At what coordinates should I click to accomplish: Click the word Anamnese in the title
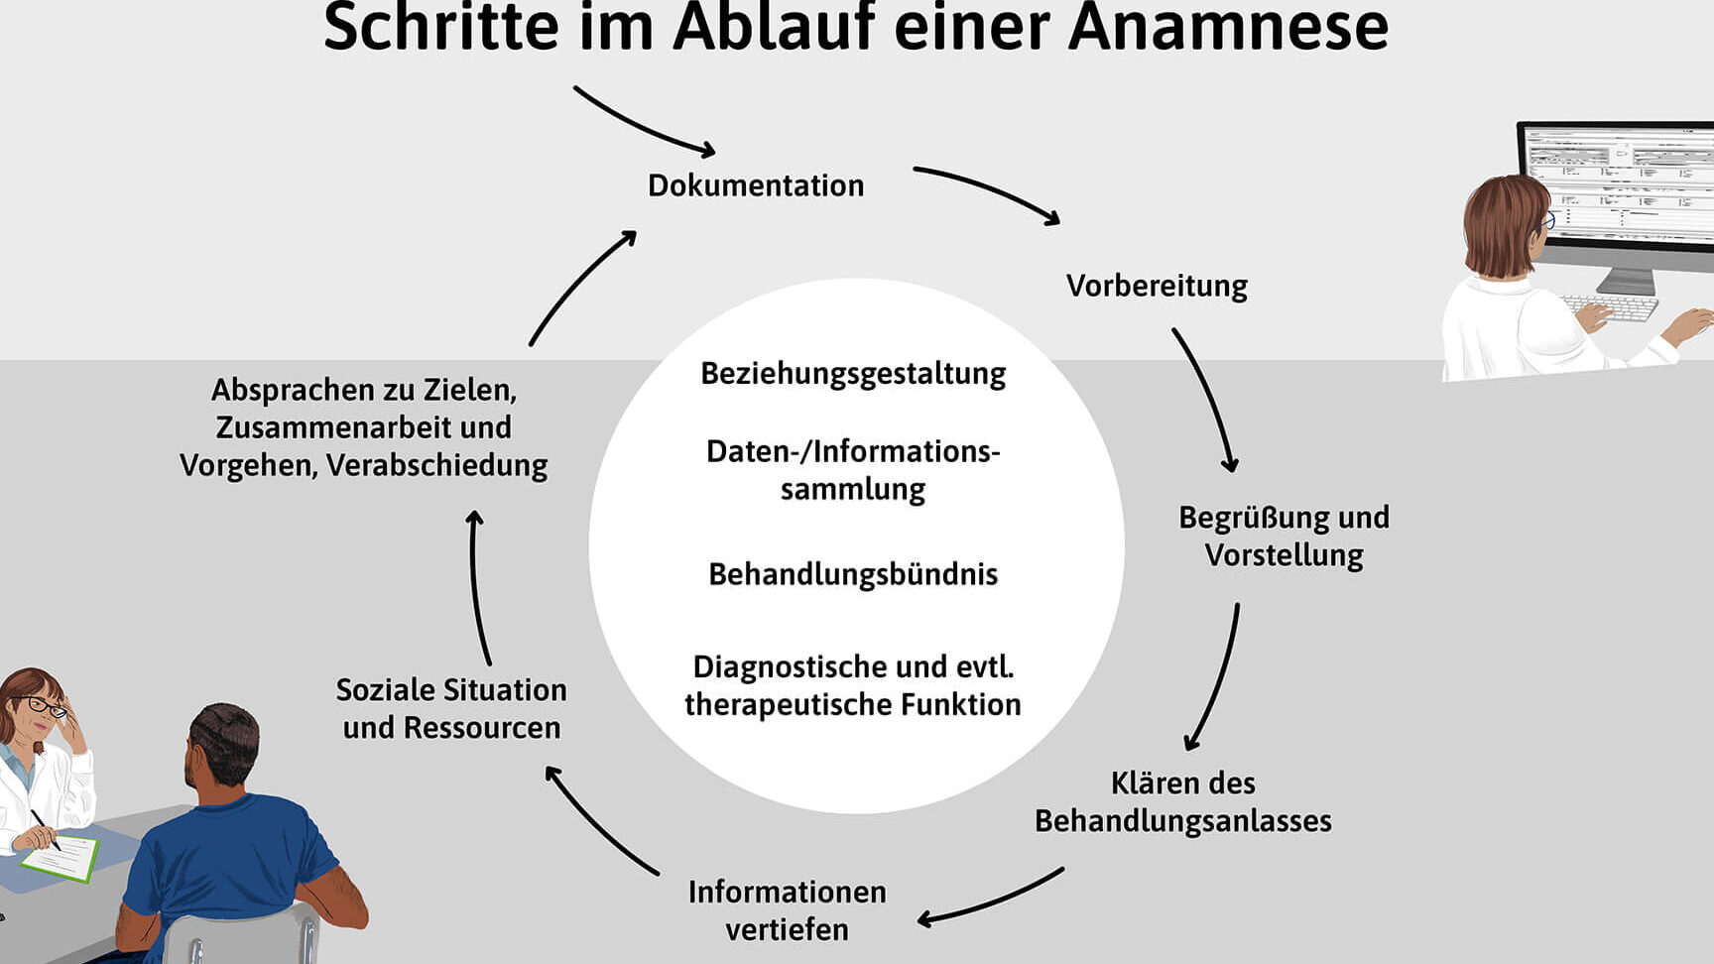[x=1228, y=28]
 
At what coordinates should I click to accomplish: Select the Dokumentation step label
[x=756, y=185]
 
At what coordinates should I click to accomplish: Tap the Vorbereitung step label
[x=1157, y=286]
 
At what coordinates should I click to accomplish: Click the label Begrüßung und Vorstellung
[x=1284, y=536]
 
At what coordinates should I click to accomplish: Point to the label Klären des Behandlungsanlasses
[x=1182, y=801]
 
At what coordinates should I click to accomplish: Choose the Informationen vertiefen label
[x=787, y=910]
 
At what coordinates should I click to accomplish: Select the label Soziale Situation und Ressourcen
[x=451, y=708]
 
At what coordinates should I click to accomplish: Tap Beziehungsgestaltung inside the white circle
[x=853, y=373]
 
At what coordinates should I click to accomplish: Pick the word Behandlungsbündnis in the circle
[x=853, y=574]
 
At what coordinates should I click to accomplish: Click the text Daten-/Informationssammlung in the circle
[x=853, y=469]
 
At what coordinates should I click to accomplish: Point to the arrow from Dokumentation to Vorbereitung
[x=988, y=190]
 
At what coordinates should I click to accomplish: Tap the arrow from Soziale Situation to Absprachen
[x=477, y=585]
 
